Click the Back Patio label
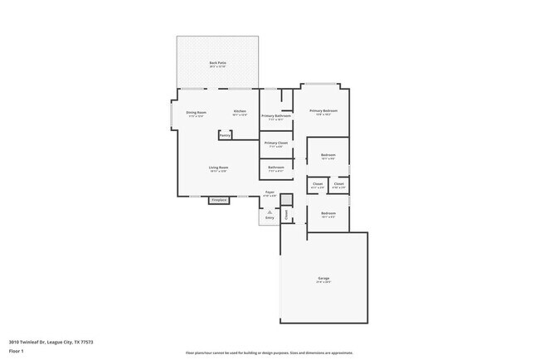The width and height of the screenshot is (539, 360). [x=218, y=64]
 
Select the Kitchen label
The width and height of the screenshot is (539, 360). [x=240, y=112]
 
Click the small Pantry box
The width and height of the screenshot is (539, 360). [x=225, y=134]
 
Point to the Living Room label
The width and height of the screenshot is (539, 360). [x=218, y=168]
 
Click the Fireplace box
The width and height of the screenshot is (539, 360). [x=219, y=200]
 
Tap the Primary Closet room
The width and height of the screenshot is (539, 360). [x=275, y=144]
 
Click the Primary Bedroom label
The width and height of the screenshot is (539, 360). [x=323, y=112]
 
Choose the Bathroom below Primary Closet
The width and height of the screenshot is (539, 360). [x=276, y=168]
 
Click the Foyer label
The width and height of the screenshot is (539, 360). [x=269, y=193]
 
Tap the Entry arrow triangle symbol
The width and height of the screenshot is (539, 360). [x=269, y=212]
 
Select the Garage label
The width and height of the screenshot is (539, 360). [x=323, y=279]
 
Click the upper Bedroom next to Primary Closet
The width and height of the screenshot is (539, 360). [x=328, y=156]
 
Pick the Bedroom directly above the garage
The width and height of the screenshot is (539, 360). [x=328, y=215]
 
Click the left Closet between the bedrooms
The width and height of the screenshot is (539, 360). [x=318, y=184]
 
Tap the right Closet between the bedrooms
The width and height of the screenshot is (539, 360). [x=338, y=184]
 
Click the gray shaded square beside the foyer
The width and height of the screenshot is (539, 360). [x=286, y=200]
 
